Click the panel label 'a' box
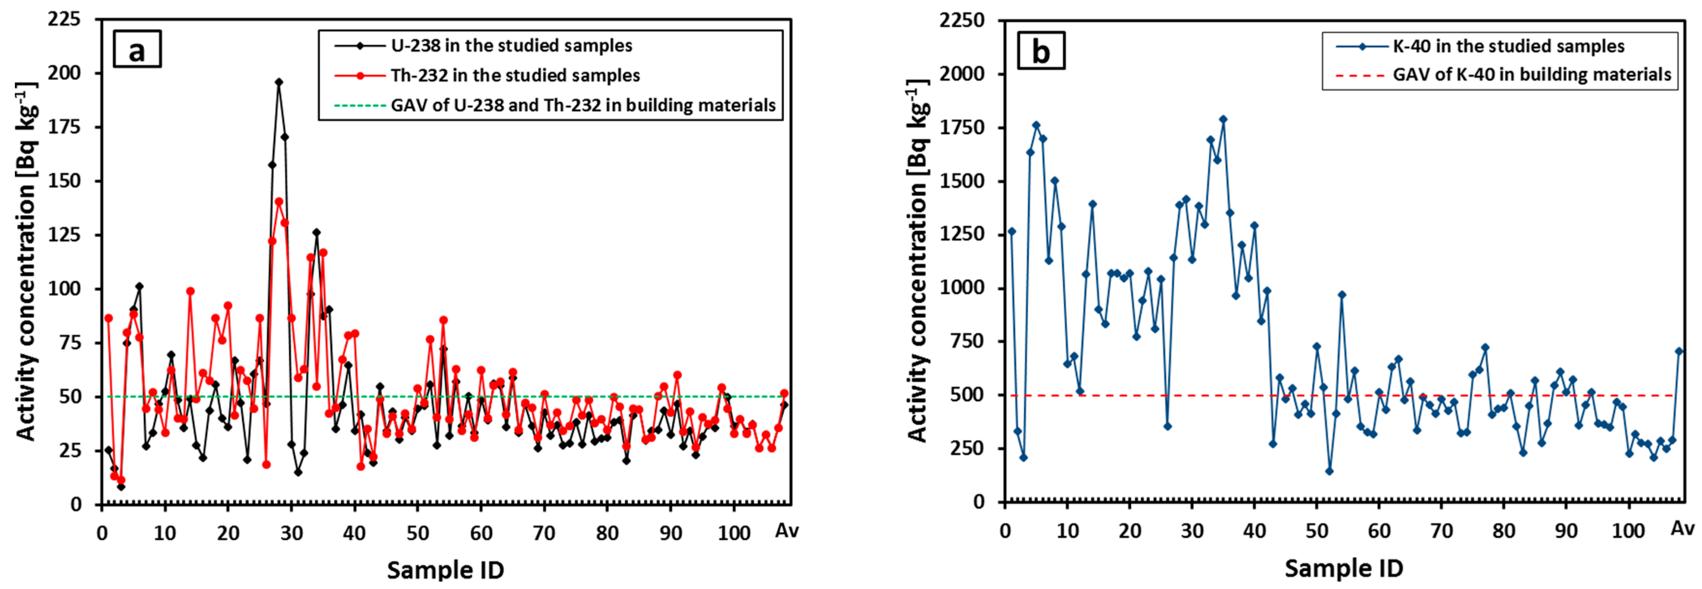click(x=137, y=50)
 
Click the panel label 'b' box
click(x=1041, y=51)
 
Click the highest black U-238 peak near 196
click(x=279, y=82)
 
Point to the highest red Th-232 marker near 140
click(x=279, y=202)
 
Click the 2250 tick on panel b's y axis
click(x=962, y=20)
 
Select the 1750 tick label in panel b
click(x=962, y=127)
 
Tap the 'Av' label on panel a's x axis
click(x=786, y=531)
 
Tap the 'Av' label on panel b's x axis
click(x=1682, y=529)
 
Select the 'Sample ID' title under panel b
click(x=1343, y=569)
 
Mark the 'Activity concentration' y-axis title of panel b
click(x=919, y=261)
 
